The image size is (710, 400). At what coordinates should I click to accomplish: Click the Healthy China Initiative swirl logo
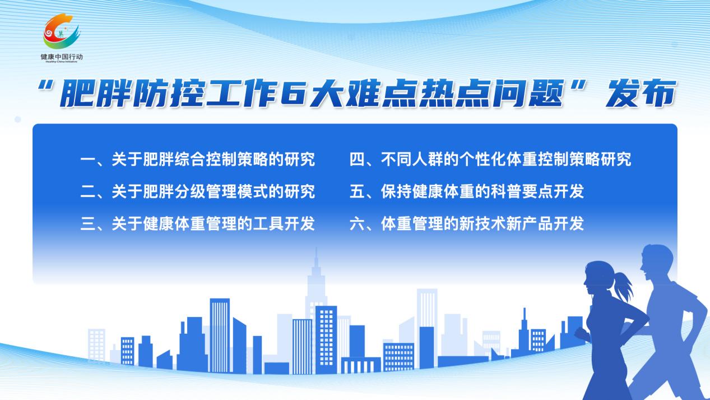point(61,31)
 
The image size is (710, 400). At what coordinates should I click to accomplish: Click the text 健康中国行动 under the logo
point(62,57)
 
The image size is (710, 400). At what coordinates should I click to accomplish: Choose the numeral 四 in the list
point(357,159)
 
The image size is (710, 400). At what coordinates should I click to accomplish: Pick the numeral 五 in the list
point(357,192)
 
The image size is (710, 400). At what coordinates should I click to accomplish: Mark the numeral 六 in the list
point(357,224)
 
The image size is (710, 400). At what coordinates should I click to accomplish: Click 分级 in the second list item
point(189,192)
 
